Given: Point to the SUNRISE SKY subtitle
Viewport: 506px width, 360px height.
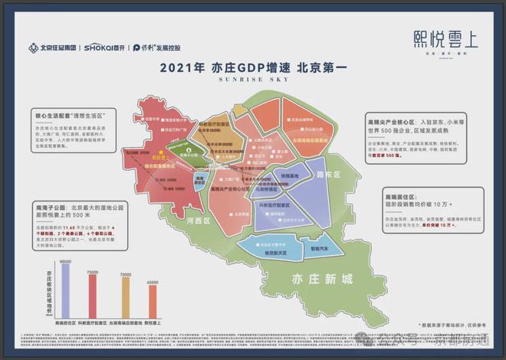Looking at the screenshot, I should [252, 79].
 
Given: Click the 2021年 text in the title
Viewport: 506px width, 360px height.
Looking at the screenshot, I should [182, 67].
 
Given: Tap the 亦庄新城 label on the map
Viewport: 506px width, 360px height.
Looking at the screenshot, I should [314, 281].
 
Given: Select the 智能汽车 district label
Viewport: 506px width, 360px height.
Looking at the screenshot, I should [319, 248].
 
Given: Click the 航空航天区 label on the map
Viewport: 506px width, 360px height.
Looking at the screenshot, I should [273, 251].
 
